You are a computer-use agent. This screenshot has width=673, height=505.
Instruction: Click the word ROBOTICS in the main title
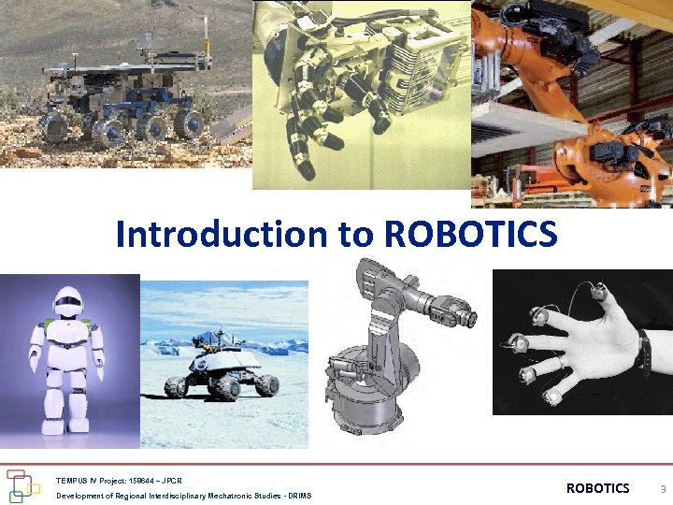click(470, 235)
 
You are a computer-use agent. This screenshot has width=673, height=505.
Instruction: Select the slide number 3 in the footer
click(663, 489)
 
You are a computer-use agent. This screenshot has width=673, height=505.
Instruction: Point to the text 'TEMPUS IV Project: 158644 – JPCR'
click(119, 480)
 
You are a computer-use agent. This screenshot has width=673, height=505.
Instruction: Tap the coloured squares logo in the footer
click(23, 486)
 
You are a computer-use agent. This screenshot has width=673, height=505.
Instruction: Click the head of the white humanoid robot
click(67, 303)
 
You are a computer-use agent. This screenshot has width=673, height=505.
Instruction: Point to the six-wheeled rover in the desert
click(126, 103)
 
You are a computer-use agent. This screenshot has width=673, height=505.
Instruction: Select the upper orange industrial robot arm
click(542, 47)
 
